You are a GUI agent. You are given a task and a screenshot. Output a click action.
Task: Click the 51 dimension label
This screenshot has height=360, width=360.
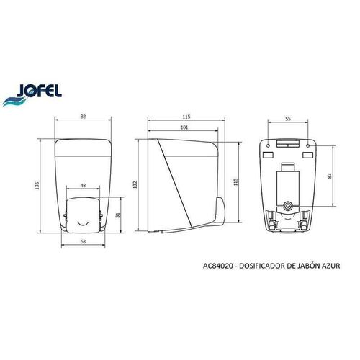[x=117, y=213]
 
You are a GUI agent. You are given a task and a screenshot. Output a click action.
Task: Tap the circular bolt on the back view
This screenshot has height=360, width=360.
[x=288, y=207]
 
